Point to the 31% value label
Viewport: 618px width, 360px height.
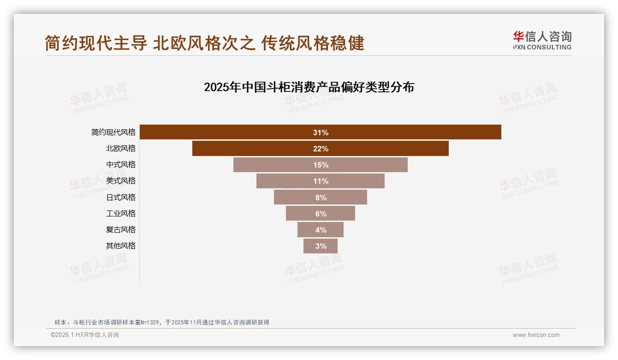321,132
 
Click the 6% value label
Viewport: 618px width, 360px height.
321,214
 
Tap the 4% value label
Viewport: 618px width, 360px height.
321,230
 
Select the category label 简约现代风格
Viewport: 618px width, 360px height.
113,132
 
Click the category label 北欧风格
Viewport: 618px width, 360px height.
121,149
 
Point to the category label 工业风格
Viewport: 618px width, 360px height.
121,214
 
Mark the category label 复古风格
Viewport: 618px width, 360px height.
121,230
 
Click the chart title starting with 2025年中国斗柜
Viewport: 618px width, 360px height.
309,87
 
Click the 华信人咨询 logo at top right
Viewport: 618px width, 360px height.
542,41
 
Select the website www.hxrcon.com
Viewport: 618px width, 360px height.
536,335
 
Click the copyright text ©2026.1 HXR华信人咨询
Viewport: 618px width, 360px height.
85,335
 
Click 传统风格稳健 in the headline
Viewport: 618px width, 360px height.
313,43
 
